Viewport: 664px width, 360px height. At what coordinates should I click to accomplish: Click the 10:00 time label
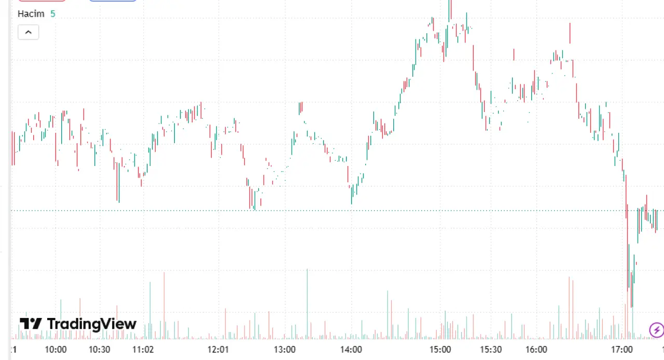click(x=56, y=350)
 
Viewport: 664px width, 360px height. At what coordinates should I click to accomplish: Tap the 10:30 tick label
click(x=99, y=350)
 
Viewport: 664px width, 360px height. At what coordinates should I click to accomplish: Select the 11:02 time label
click(x=143, y=350)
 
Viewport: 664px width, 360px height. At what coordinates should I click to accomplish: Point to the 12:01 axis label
click(x=218, y=350)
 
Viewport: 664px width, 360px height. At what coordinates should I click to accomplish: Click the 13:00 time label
click(x=285, y=350)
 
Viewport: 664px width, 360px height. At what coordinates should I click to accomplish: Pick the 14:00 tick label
click(x=351, y=350)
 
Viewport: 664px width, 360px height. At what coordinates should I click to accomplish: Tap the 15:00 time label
click(x=440, y=350)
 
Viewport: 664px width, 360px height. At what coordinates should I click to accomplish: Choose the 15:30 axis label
click(x=491, y=350)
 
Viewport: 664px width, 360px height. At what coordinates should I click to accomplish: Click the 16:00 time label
click(x=536, y=350)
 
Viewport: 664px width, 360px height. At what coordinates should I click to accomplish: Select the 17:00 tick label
click(x=622, y=350)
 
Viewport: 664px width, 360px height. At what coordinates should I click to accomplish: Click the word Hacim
click(x=31, y=13)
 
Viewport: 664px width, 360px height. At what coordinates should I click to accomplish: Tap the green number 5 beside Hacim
click(x=53, y=13)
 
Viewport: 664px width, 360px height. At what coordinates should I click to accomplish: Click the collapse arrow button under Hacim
click(x=29, y=32)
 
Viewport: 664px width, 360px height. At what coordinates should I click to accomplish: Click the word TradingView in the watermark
click(x=92, y=324)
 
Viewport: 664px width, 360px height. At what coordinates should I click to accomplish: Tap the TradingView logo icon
click(x=31, y=324)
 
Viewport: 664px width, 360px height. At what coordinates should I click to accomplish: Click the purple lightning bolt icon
click(x=657, y=330)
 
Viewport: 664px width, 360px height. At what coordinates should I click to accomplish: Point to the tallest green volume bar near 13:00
click(x=307, y=304)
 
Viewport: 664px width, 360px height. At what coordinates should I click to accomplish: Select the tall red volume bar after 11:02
click(x=164, y=306)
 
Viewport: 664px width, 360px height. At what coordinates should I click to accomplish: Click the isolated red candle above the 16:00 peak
click(x=570, y=33)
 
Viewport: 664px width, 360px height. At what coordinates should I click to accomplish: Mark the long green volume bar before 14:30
click(x=388, y=315)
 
